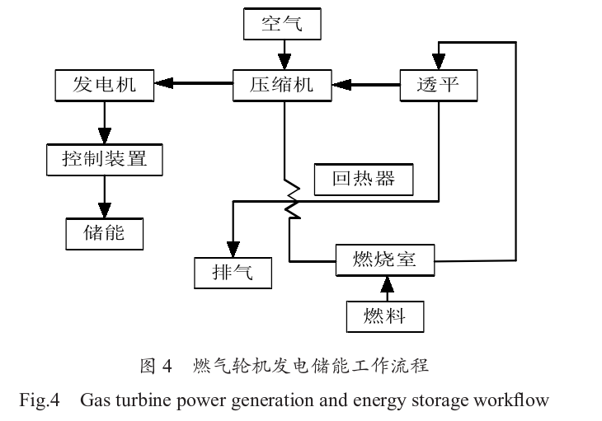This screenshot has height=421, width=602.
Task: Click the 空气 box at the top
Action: point(282,23)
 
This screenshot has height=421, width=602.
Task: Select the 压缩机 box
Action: point(282,84)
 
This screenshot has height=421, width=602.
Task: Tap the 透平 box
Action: point(438,84)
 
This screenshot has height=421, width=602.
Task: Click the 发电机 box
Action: point(104,84)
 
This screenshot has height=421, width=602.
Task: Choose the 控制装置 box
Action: point(104,158)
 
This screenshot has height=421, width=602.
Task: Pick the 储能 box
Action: point(104,232)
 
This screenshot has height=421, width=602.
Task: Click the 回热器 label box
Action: point(364,178)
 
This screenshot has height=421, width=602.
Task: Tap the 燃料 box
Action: point(385,314)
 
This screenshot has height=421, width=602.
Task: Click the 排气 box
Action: point(233,273)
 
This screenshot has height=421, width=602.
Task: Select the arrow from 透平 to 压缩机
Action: point(367,82)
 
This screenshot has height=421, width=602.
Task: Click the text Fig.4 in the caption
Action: point(40,401)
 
